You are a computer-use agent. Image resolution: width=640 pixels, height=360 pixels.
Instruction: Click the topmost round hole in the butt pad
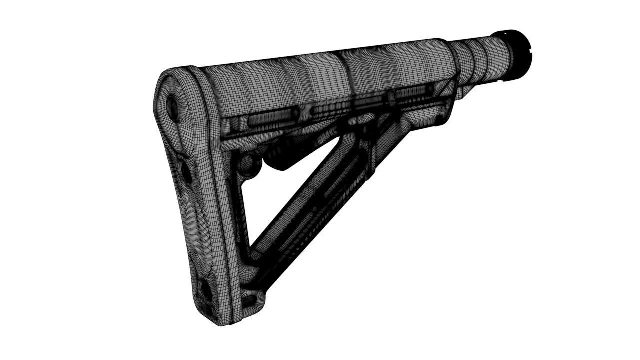[172, 104]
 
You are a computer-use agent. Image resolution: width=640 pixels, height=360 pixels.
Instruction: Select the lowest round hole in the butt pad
[205, 290]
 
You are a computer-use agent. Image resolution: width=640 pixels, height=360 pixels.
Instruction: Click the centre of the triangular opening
[280, 200]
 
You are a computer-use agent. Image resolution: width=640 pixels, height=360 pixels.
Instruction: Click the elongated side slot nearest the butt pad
[270, 118]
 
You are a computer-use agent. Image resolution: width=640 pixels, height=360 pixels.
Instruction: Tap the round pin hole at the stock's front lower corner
[439, 119]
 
